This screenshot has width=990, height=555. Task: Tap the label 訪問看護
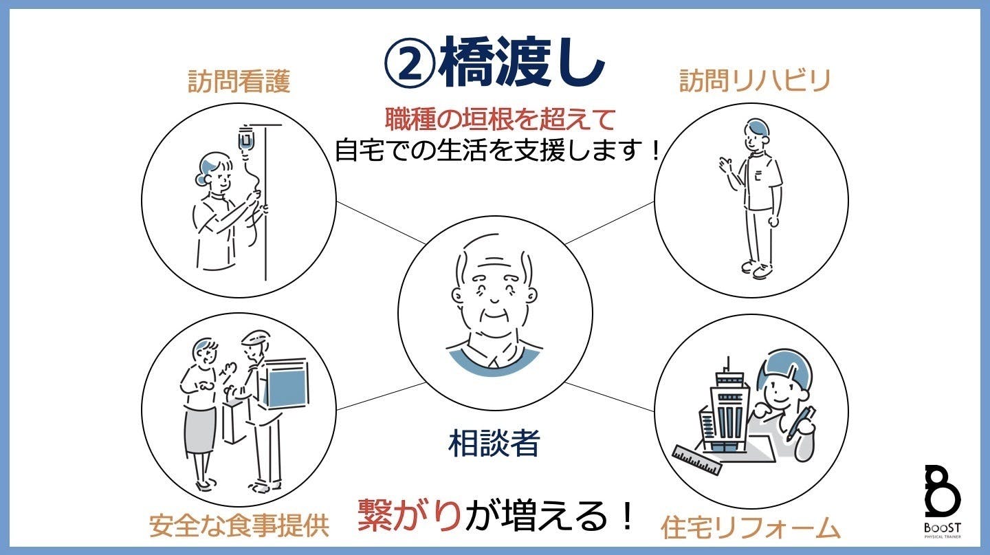click(239, 81)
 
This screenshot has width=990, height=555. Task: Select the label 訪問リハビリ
click(755, 80)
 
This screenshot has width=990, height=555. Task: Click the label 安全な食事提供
click(239, 525)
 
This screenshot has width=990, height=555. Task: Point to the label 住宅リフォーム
click(750, 527)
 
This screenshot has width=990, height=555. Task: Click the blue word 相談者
click(494, 444)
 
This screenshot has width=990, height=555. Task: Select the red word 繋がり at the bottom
click(409, 515)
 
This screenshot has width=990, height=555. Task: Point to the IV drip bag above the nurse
click(245, 140)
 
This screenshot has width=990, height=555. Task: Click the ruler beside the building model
click(697, 460)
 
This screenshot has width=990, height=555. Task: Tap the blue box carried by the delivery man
click(286, 384)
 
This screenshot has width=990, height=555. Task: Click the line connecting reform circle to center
click(609, 397)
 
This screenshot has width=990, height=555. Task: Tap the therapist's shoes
click(757, 269)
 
